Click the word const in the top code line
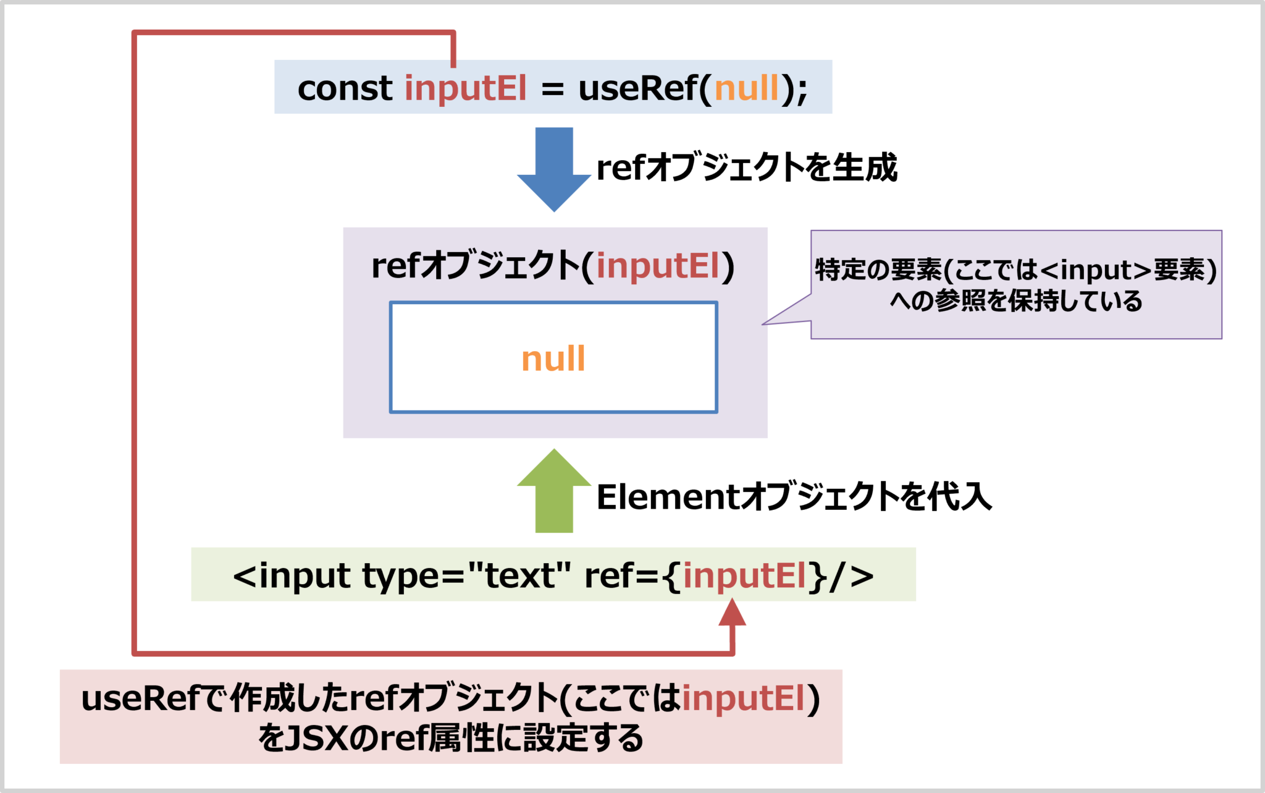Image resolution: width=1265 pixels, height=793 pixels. pos(344,88)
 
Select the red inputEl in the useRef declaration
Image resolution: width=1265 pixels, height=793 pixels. pos(466,88)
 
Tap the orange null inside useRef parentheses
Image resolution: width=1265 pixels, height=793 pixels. pos(747,88)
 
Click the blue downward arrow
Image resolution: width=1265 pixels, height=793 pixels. pos(554,168)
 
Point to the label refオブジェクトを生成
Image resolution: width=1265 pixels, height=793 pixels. pos(747,168)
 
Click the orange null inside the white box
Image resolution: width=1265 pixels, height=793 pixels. pos(553,358)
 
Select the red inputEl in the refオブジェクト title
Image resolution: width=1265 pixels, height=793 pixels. pos(658,266)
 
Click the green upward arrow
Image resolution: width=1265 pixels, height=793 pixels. pos(554,491)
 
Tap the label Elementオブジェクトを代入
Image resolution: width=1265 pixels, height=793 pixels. pos(794,497)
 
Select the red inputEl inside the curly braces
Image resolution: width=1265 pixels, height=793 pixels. pos(744,575)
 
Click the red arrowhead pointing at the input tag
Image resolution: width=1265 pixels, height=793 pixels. pos(733,613)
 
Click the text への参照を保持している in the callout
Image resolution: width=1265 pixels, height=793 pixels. pos(1016,301)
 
